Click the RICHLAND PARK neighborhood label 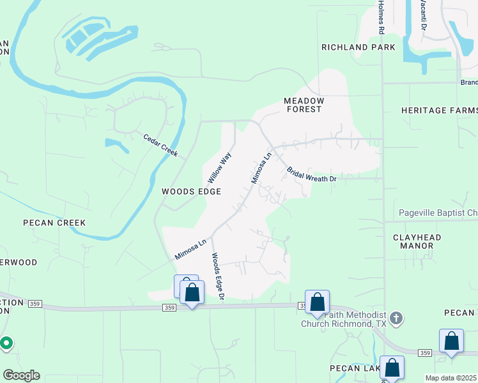(x=358, y=47)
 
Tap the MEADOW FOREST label (x=304, y=105)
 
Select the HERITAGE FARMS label (x=439, y=110)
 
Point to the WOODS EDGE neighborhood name (x=191, y=191)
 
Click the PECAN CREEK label (x=54, y=223)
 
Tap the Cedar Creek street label (x=160, y=145)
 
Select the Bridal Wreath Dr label (x=311, y=175)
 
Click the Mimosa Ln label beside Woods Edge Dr (x=190, y=249)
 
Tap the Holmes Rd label (x=381, y=17)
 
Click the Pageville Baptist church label (x=438, y=213)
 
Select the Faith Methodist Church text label (x=345, y=319)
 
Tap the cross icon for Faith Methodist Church (x=396, y=318)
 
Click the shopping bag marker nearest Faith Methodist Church (x=317, y=303)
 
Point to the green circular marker (x=6, y=343)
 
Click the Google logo (x=21, y=375)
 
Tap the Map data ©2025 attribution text (x=451, y=378)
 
